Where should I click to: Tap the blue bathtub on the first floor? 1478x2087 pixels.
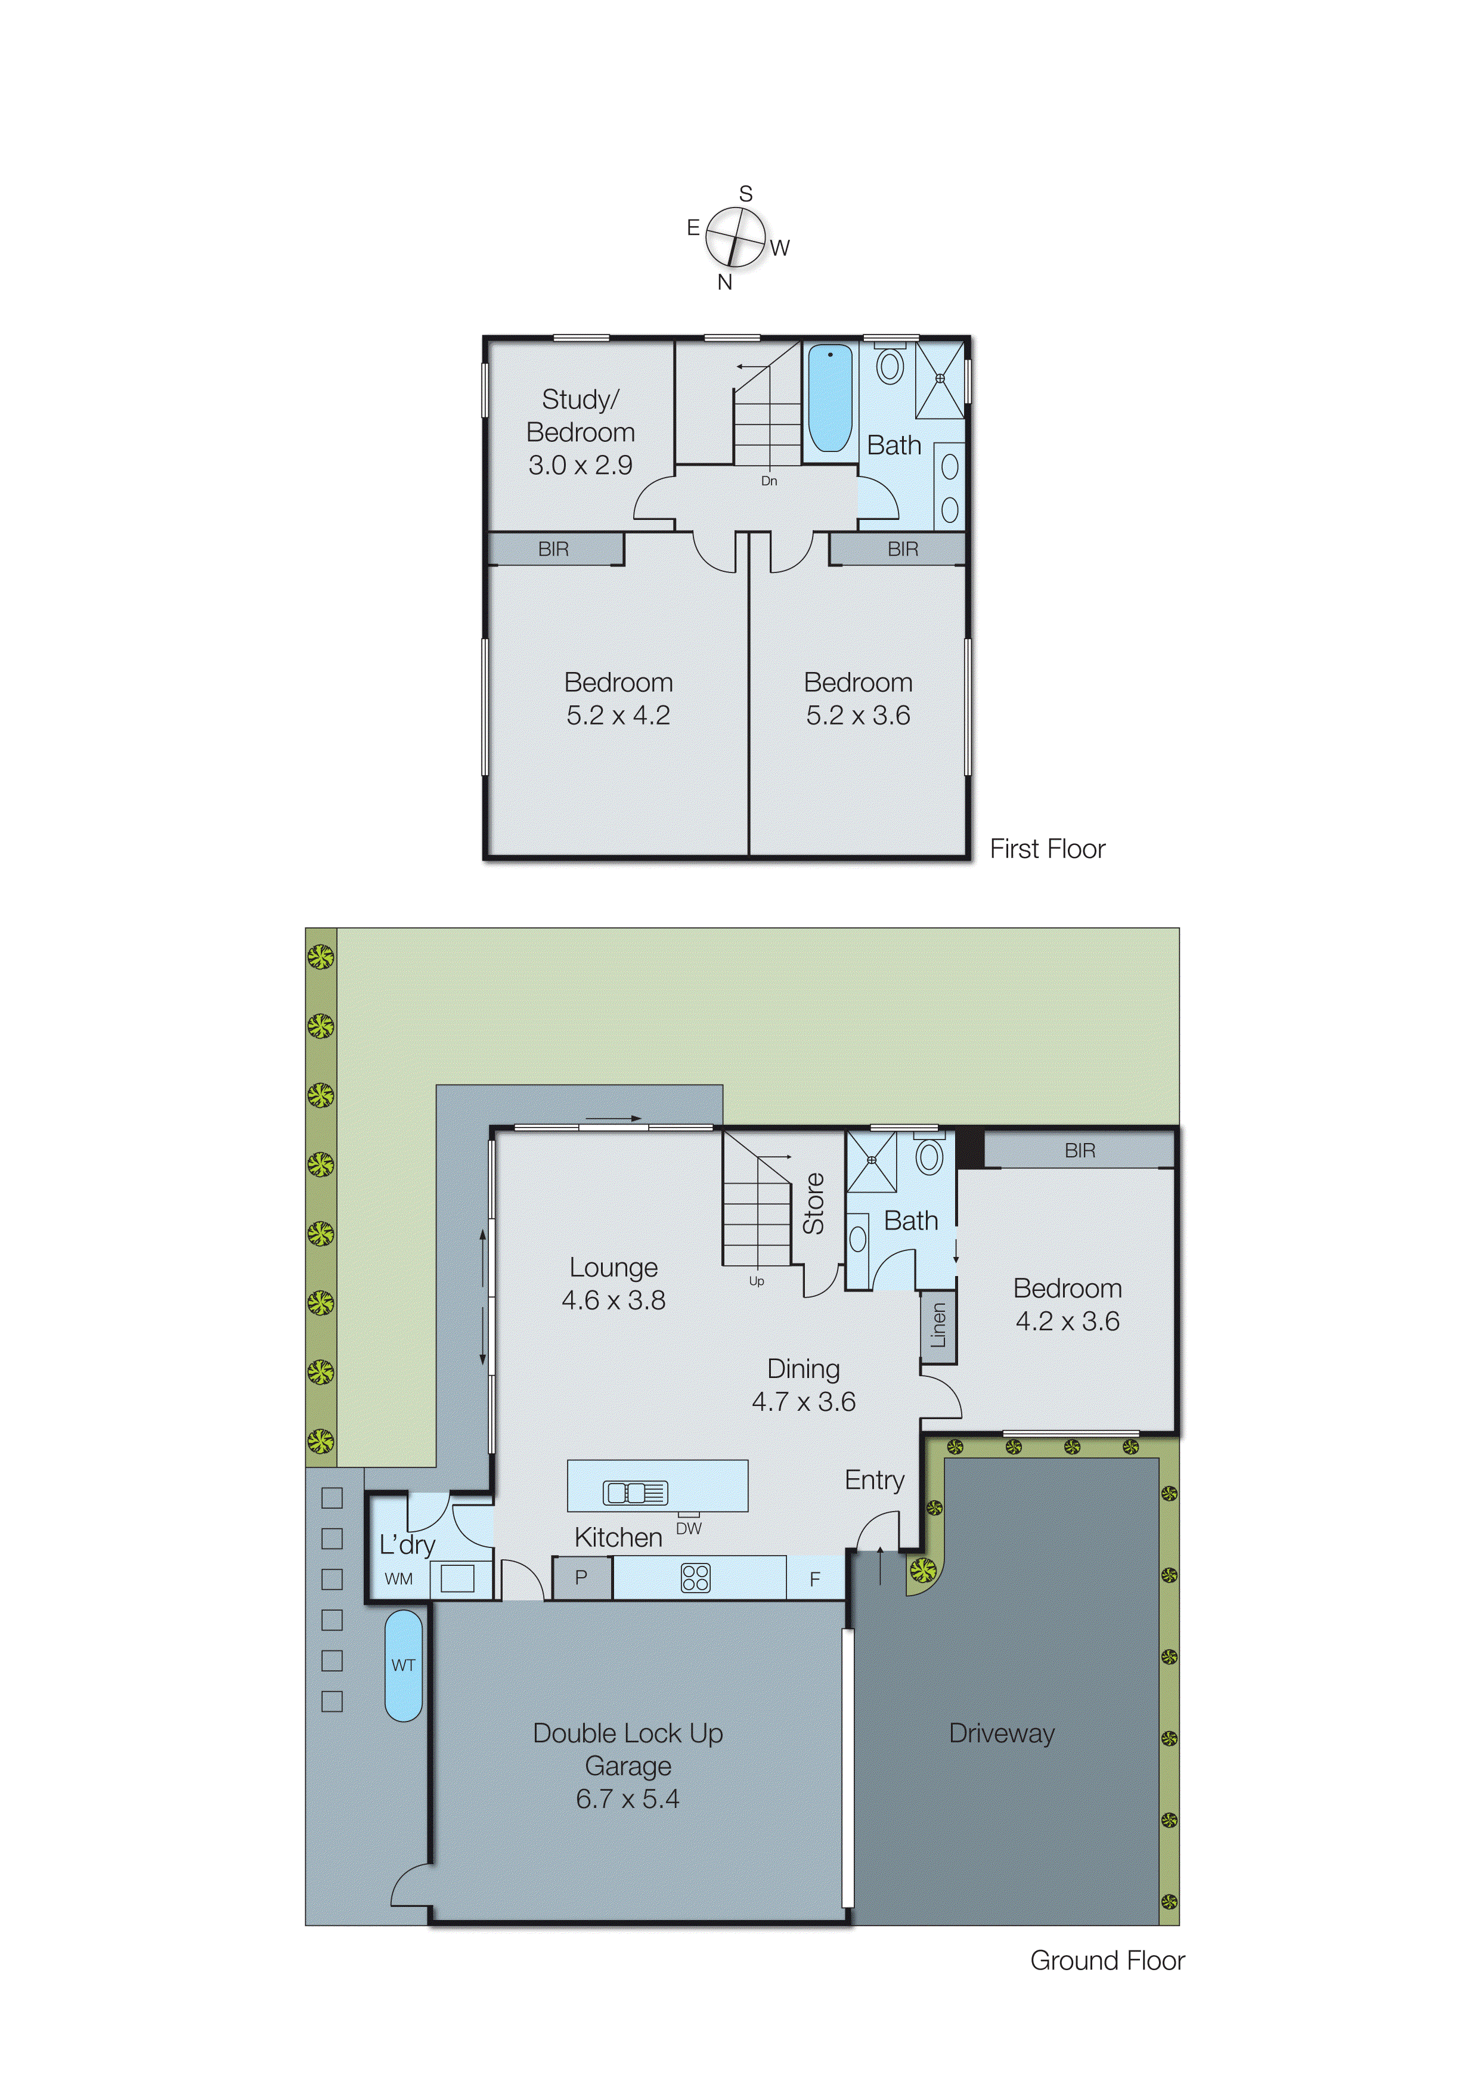[830, 398]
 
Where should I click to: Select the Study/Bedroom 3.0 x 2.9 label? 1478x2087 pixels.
[581, 432]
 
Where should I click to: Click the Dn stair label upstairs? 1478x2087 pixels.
[769, 481]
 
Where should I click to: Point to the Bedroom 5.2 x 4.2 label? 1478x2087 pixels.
[618, 698]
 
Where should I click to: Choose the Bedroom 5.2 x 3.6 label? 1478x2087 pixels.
[857, 698]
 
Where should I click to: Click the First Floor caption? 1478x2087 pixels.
[1046, 849]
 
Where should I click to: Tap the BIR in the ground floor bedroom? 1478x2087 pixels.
[1079, 1150]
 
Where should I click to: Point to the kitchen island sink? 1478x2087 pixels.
[635, 1493]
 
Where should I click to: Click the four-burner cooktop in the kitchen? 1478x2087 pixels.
[695, 1577]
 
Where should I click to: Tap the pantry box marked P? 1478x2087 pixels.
[581, 1577]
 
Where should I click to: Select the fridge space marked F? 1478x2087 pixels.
[814, 1579]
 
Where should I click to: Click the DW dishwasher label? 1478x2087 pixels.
[689, 1528]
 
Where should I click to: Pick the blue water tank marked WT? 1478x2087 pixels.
[403, 1665]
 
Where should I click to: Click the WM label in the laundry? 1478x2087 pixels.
[399, 1579]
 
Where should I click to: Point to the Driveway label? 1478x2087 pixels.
[1001, 1733]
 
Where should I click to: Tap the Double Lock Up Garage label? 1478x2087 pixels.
[628, 1765]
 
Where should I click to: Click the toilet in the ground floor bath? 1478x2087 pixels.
[928, 1157]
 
